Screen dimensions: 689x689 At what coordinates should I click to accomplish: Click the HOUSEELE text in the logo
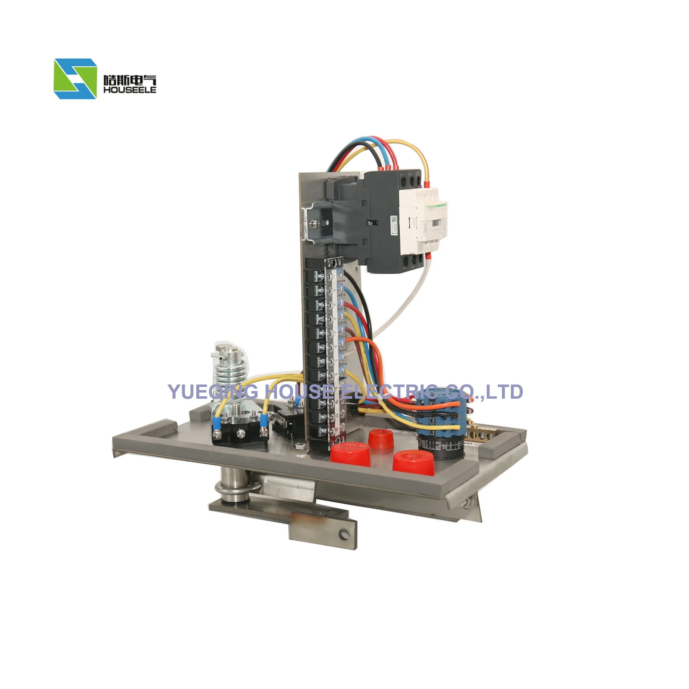129,90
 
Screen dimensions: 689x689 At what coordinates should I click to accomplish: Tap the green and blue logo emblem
75,79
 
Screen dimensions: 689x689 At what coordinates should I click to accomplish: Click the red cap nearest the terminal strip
350,453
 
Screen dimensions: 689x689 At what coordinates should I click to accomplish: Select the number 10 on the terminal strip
336,402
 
